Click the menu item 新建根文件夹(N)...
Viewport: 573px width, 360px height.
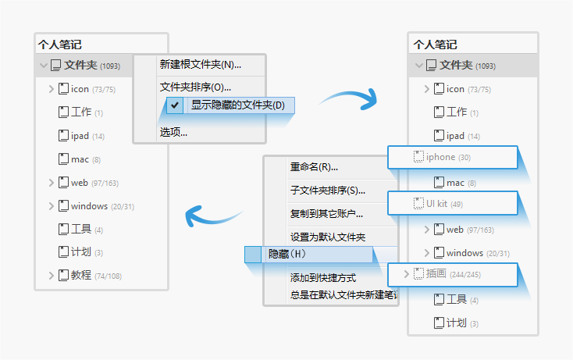click(x=200, y=65)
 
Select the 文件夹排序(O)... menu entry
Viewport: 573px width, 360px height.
click(x=195, y=87)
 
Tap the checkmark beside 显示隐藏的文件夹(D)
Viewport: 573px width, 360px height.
click(x=175, y=105)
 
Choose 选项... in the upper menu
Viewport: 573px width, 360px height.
click(x=173, y=132)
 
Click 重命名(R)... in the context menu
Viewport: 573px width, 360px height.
click(x=314, y=166)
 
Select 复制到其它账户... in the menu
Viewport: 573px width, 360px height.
click(x=326, y=213)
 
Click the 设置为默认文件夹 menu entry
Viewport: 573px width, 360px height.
click(x=328, y=237)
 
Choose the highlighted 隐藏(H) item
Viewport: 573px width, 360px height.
click(x=287, y=255)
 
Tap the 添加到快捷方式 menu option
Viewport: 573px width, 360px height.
click(x=322, y=277)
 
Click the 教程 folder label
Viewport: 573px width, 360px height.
click(x=81, y=275)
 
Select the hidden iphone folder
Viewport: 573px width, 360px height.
click(x=440, y=157)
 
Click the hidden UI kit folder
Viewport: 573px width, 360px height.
click(x=436, y=204)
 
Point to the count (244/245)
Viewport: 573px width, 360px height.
click(x=464, y=275)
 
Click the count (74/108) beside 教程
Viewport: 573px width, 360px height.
click(x=108, y=276)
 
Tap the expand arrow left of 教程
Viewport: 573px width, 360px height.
click(x=52, y=275)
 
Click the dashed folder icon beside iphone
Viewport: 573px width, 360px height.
click(x=418, y=157)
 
